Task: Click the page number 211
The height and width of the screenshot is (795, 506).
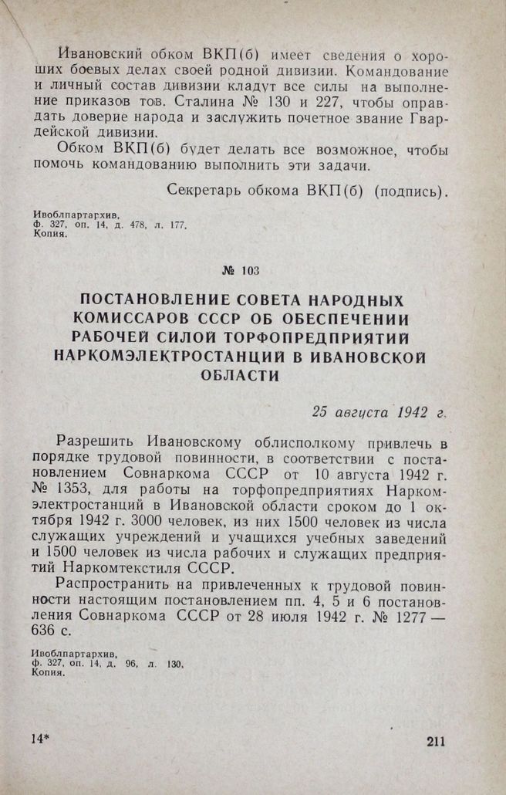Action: (435, 742)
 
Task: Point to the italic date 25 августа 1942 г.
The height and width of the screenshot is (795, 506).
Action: (379, 411)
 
